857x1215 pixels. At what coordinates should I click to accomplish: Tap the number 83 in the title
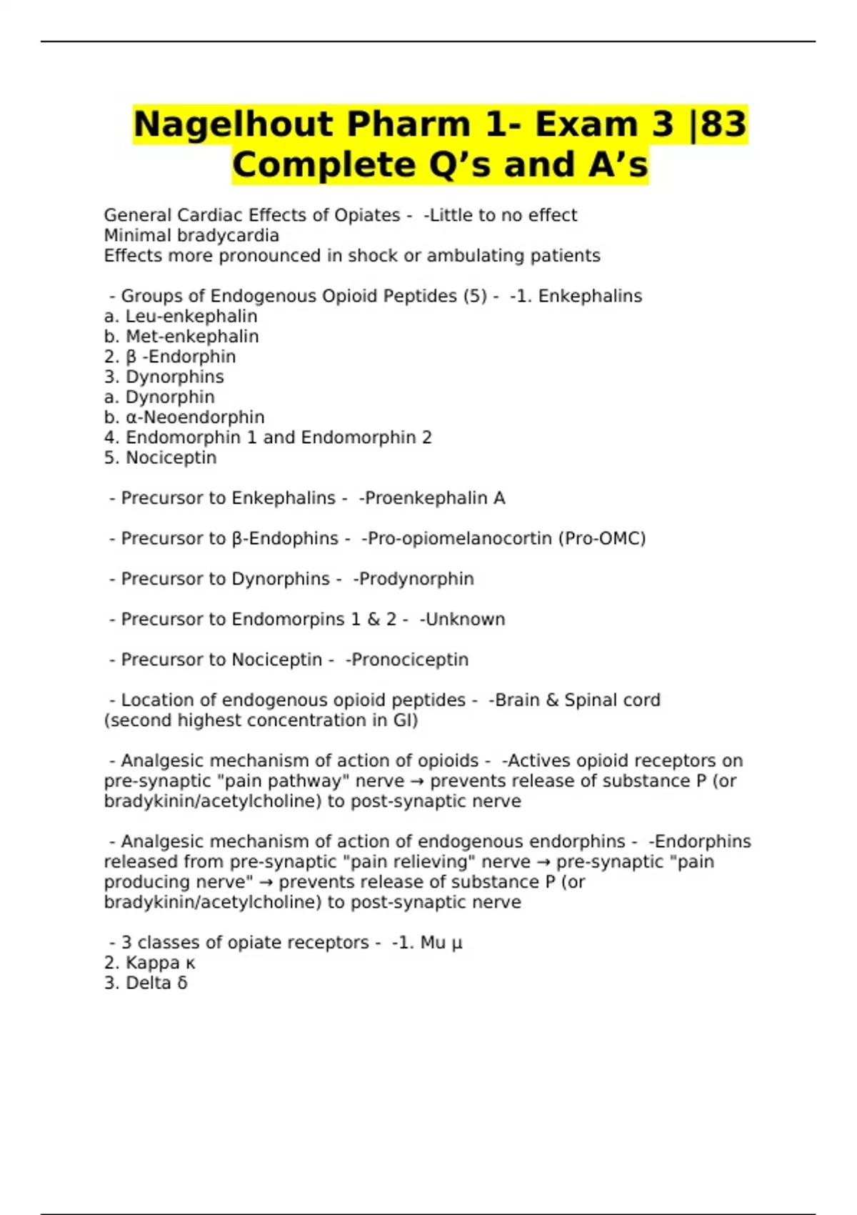coord(723,124)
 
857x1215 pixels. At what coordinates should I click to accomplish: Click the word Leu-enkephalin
coord(191,316)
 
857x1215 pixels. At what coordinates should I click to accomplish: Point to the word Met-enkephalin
coord(192,336)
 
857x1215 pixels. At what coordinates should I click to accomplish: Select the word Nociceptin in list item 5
coord(171,457)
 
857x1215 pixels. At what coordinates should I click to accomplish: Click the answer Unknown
coord(465,619)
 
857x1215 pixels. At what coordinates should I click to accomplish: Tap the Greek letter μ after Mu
coord(457,943)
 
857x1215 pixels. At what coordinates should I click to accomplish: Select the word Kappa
coord(152,963)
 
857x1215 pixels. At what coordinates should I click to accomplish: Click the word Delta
coord(148,983)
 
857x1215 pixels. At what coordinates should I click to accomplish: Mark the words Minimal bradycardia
coord(191,235)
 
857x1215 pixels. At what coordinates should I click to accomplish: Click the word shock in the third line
coord(375,255)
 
